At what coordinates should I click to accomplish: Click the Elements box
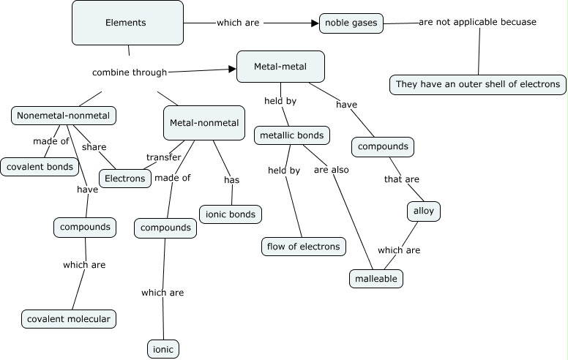pos(127,23)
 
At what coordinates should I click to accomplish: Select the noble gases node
pos(351,23)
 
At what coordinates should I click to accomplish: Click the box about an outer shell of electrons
pos(478,84)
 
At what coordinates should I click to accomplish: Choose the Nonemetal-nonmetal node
pos(64,116)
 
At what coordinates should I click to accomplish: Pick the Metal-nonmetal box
pos(204,122)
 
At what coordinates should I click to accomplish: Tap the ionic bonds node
pos(231,214)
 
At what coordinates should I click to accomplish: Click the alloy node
pos(424,211)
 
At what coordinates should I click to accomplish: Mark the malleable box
pos(376,279)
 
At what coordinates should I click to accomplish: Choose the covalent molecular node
pos(70,319)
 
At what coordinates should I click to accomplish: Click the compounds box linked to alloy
pos(383,146)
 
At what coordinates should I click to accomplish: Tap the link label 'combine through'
pos(130,72)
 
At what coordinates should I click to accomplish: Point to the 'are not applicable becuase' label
pos(477,22)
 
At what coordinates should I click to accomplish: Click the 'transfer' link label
pos(163,157)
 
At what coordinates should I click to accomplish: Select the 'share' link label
pos(94,147)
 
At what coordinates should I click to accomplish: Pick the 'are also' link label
pos(332,170)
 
